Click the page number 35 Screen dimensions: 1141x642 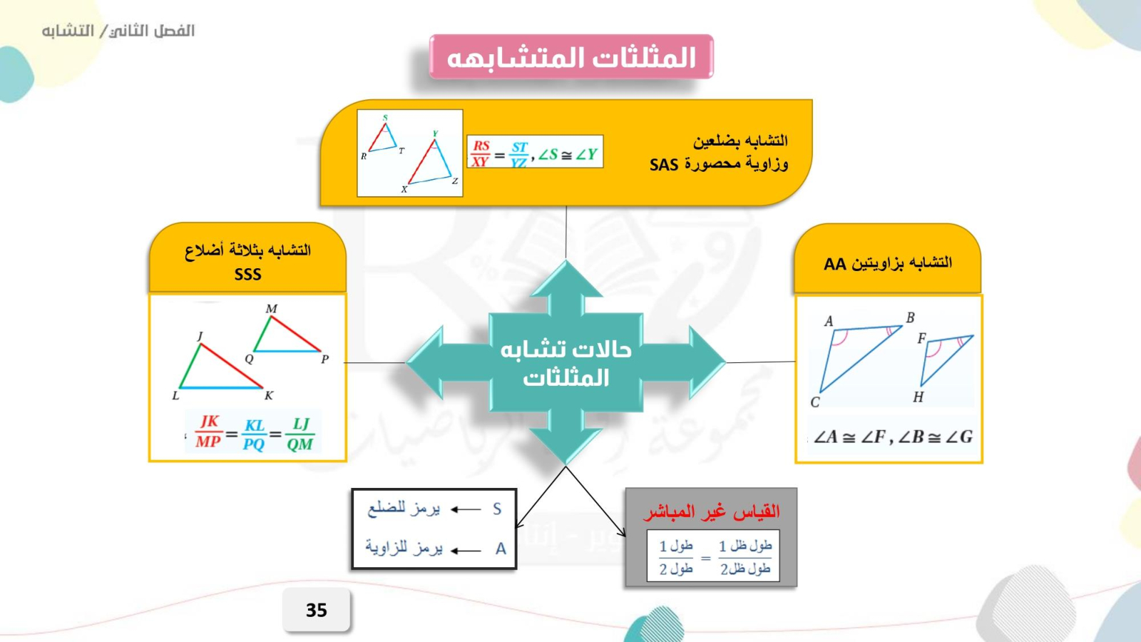click(317, 610)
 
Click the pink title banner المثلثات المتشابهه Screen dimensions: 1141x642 click(571, 56)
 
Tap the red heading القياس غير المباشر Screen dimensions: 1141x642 click(711, 511)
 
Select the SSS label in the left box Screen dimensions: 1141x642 click(247, 274)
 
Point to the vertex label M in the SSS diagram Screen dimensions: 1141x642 click(272, 309)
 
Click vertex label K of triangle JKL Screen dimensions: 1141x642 click(269, 395)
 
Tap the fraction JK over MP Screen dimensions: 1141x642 click(209, 431)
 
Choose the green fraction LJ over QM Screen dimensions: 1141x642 click(300, 434)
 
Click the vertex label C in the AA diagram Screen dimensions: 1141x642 click(815, 402)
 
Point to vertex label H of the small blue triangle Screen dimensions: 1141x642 click(919, 397)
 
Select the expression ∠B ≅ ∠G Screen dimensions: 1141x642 click(935, 437)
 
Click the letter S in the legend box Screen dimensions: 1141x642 click(497, 509)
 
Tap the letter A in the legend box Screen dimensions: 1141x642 click(501, 549)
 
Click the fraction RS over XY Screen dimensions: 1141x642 click(481, 153)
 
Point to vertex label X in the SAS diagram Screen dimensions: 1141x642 click(404, 189)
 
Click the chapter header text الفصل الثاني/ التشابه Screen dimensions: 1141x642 click(118, 31)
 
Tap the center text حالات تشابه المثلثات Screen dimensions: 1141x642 click(566, 363)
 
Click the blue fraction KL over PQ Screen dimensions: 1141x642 click(254, 434)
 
